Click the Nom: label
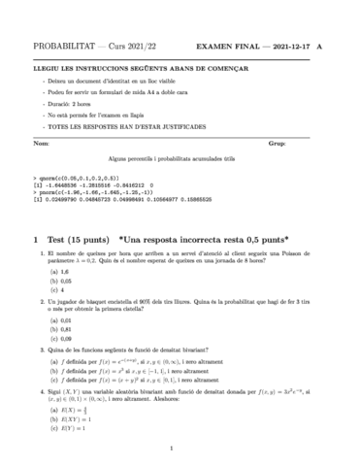pos(42,143)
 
